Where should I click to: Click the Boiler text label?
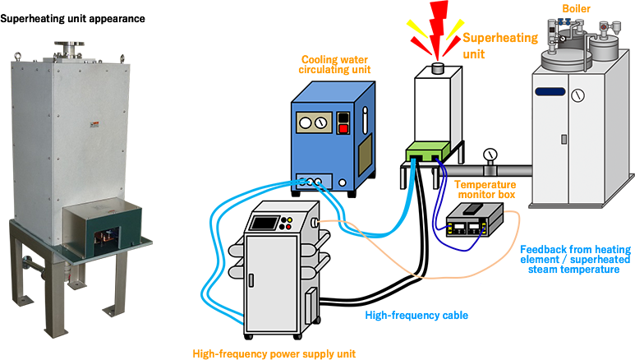click(577, 7)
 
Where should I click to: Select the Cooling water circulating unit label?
click(335, 64)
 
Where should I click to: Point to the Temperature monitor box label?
click(487, 192)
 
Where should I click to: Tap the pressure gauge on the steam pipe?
click(491, 154)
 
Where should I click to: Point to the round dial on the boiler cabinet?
click(580, 95)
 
